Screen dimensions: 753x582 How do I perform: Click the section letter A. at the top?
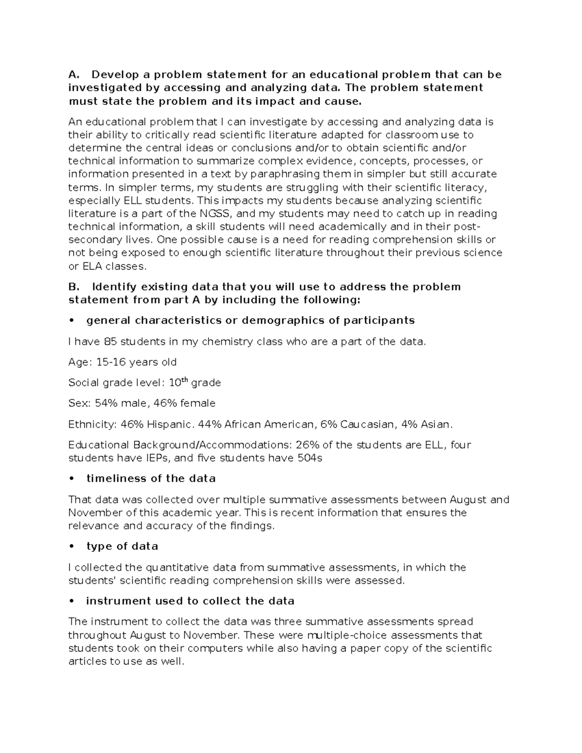pos(73,75)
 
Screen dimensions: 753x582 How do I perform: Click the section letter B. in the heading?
pos(73,287)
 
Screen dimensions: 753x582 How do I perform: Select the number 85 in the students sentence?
pos(111,342)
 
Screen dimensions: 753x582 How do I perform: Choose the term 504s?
pos(309,458)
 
